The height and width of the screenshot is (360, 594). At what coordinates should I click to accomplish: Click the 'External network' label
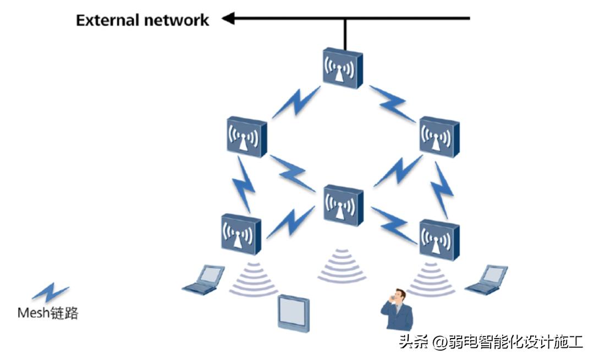pos(142,21)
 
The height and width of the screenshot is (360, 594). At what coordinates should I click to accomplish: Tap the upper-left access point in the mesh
pos(246,136)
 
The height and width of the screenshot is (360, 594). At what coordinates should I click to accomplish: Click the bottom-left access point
pos(241,234)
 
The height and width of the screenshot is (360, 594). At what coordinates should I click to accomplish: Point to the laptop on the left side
pos(204,279)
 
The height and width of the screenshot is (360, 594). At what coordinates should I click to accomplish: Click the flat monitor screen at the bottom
pos(293,313)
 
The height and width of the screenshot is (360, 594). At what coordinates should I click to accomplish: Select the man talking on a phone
pos(397,310)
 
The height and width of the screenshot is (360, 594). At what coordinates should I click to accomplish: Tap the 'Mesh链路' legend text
pos(48,313)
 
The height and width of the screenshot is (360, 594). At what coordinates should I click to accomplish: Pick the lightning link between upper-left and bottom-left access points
pos(243,184)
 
